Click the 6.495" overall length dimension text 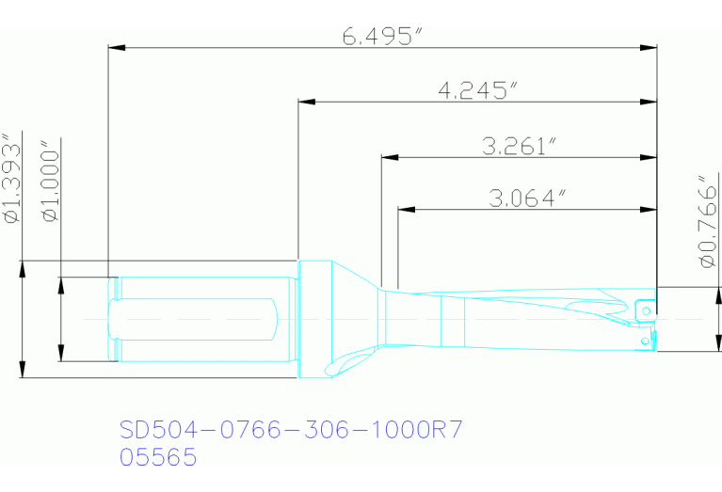381,37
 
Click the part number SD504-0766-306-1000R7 291,431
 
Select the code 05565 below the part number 158,458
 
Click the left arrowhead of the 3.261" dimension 387,156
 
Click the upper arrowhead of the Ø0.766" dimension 719,293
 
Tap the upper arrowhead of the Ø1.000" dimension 61,283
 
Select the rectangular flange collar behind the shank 313,320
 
